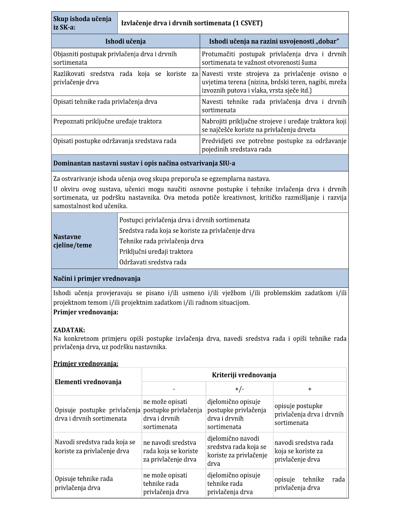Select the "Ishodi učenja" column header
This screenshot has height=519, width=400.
tap(125, 41)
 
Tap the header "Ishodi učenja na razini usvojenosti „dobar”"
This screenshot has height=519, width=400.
tap(274, 41)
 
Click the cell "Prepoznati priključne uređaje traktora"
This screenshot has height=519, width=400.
tap(107, 121)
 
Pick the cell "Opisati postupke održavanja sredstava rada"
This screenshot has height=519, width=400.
tap(115, 141)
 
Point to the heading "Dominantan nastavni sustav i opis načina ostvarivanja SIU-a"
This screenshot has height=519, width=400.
tap(144, 163)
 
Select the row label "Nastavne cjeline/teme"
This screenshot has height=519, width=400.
tap(72, 241)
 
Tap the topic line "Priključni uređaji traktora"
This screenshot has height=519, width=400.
tap(156, 252)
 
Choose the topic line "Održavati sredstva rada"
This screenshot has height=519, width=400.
tap(153, 262)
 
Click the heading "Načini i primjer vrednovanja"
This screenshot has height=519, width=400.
tap(97, 279)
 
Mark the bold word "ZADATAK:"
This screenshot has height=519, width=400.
tap(69, 330)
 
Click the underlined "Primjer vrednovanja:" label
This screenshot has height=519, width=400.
tap(86, 364)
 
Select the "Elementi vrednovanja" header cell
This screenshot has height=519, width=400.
tap(88, 382)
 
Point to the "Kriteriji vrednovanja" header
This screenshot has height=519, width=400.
tap(244, 375)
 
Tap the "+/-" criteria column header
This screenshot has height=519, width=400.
tap(239, 389)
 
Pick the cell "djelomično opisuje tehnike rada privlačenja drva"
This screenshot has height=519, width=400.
tap(234, 483)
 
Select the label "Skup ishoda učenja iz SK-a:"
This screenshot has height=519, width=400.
tap(82, 23)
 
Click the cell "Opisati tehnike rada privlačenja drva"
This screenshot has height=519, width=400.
tap(105, 102)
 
